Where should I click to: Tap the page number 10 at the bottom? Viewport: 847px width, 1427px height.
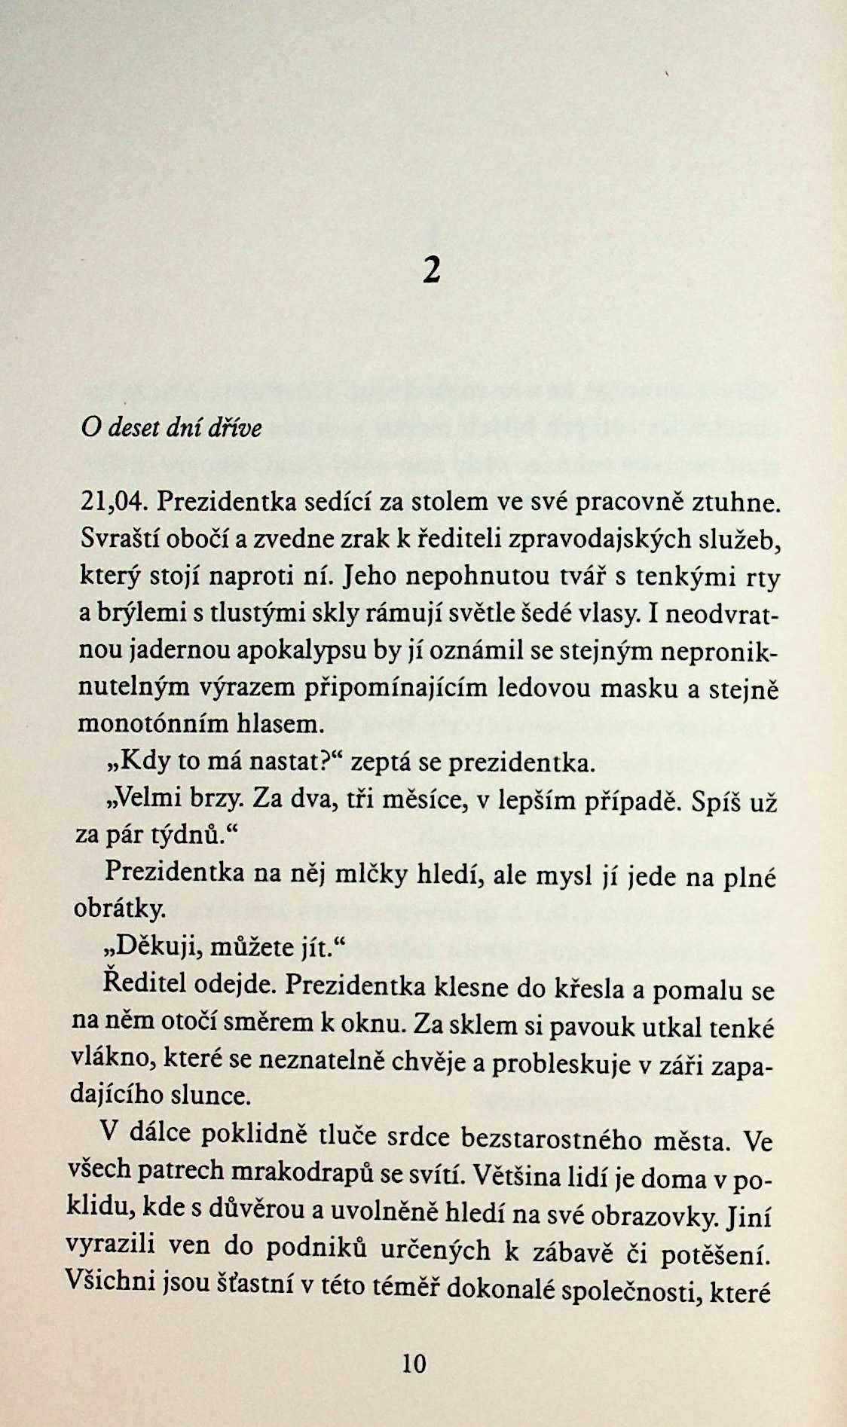point(414,1363)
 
